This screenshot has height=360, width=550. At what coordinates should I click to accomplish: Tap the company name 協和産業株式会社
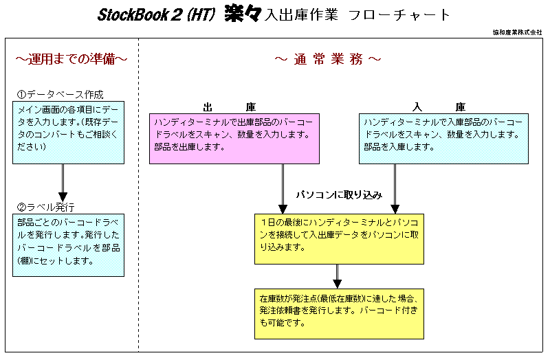tap(518, 32)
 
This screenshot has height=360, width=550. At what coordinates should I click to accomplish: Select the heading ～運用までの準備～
tap(71, 59)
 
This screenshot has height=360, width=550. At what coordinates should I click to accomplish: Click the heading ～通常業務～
tap(328, 59)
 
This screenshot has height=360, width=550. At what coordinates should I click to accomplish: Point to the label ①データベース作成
tap(60, 94)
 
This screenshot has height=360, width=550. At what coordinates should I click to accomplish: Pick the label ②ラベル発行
tap(45, 207)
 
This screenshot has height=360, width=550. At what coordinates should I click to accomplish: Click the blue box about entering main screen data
tap(68, 133)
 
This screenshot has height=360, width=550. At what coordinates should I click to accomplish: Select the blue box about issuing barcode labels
tap(68, 245)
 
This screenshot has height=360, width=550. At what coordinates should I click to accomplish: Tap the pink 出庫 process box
tap(234, 139)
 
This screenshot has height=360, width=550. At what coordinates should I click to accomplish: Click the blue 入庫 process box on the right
tap(443, 139)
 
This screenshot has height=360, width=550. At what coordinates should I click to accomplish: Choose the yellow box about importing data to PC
tap(339, 238)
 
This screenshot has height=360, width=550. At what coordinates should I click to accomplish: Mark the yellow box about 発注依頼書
tap(339, 314)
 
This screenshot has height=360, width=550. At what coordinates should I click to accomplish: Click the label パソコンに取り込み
tap(339, 195)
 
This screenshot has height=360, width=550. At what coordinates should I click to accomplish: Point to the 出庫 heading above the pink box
tap(230, 106)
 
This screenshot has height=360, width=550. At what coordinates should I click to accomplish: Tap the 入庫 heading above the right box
tap(439, 106)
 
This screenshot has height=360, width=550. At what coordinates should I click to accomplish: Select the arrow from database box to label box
tap(63, 183)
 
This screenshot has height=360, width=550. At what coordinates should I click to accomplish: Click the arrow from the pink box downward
tap(283, 189)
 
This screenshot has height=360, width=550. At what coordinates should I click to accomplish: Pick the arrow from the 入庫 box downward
tap(395, 189)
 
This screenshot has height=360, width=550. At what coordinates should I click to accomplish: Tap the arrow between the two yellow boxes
tap(337, 276)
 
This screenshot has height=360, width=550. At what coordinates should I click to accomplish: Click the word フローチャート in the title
tap(399, 15)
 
